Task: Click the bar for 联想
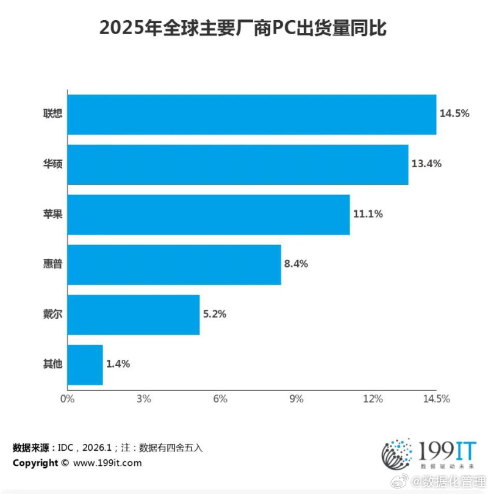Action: (251, 115)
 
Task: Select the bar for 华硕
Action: (237, 165)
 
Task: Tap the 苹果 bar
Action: (208, 215)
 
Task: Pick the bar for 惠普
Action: (174, 265)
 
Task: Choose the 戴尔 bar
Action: (133, 315)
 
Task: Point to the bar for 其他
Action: (85, 365)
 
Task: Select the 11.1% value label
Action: (368, 214)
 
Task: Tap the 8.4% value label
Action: (296, 264)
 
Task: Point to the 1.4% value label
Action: (118, 364)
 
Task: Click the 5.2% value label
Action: (214, 314)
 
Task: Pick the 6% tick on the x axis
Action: (220, 399)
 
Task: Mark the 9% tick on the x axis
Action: (296, 399)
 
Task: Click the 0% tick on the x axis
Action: (66, 399)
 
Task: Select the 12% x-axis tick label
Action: (373, 399)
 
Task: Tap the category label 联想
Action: (52, 115)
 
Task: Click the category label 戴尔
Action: (52, 315)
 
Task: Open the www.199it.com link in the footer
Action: (107, 463)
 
